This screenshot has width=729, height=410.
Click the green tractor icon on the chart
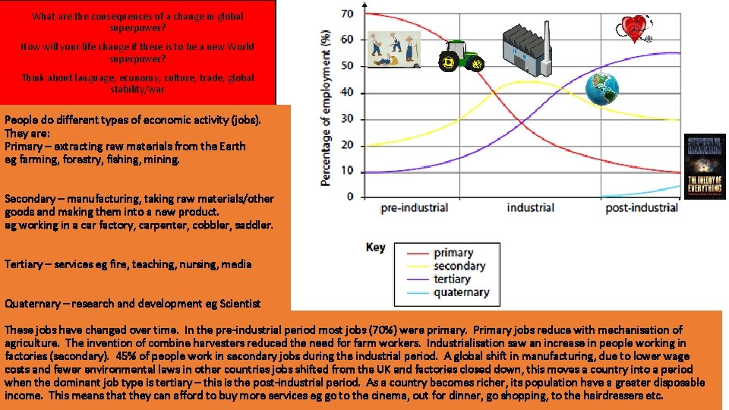point(462,56)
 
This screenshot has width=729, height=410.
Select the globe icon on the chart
point(602,89)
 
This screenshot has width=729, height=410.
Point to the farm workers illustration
point(393,50)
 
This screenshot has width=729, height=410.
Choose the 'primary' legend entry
point(453,253)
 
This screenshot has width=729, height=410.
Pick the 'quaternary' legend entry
point(461,292)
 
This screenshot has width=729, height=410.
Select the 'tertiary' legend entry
point(453,279)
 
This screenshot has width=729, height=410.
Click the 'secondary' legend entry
point(459,266)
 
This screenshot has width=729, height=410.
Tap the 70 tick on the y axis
point(346,14)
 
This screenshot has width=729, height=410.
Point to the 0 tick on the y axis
point(350,197)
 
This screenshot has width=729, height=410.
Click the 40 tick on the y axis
point(346,93)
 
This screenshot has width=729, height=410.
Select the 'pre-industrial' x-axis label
point(414,208)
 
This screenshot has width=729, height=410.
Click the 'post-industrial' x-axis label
point(642,208)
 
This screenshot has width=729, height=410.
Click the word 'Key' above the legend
point(375,247)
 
